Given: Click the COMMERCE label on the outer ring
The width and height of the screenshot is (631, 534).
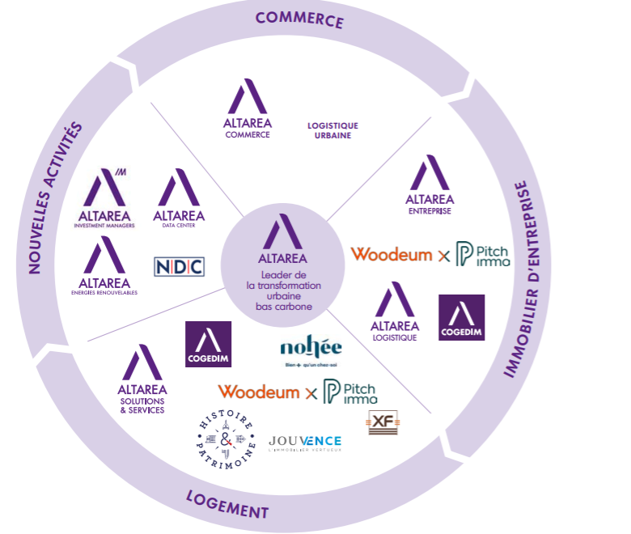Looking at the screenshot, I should [x=299, y=19].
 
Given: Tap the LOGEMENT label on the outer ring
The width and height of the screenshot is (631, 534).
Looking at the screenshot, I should [x=227, y=504].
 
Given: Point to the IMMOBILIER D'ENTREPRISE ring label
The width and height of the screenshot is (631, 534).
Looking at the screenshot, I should [x=520, y=279].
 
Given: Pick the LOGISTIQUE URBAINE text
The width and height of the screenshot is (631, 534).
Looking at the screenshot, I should [x=332, y=130].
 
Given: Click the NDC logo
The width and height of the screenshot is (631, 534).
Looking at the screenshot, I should [x=179, y=266].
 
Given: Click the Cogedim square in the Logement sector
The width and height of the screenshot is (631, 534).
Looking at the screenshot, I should [x=208, y=344].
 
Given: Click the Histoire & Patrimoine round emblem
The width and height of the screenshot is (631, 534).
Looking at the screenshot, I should [x=227, y=442].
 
